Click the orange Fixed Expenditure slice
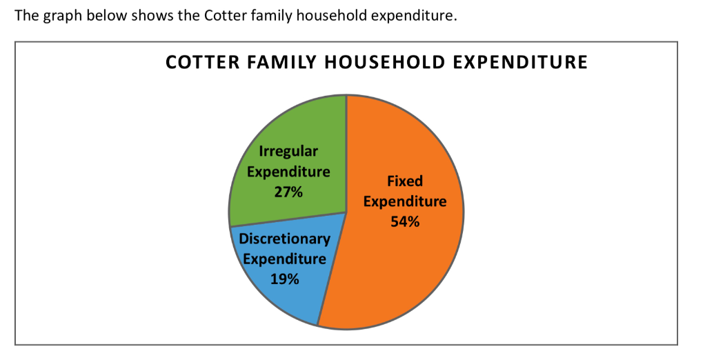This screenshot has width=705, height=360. click(x=407, y=262)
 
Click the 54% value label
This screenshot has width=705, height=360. click(x=404, y=222)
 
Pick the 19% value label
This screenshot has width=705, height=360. click(x=284, y=279)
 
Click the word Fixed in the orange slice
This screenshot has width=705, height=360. click(x=405, y=181)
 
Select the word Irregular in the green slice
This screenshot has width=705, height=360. click(x=288, y=151)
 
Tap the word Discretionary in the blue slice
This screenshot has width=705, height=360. click(x=284, y=239)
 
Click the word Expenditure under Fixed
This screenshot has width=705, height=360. click(x=405, y=201)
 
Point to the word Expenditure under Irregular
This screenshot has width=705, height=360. click(x=288, y=172)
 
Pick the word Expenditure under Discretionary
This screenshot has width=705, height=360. click(x=284, y=259)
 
